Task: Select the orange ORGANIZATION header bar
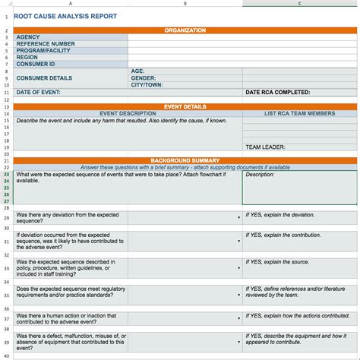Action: [185, 30]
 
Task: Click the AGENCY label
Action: [28, 37]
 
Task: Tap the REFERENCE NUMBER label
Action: [46, 44]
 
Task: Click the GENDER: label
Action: [144, 77]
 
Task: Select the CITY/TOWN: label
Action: [147, 84]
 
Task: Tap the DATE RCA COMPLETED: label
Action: [277, 93]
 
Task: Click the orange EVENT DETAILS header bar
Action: [185, 107]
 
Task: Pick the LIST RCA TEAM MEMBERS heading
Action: [299, 114]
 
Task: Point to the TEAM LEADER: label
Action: [265, 147]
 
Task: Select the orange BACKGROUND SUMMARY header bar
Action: [185, 161]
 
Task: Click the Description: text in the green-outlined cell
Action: [260, 175]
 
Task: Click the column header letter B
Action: [185, 4]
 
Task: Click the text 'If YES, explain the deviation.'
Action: [279, 215]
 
